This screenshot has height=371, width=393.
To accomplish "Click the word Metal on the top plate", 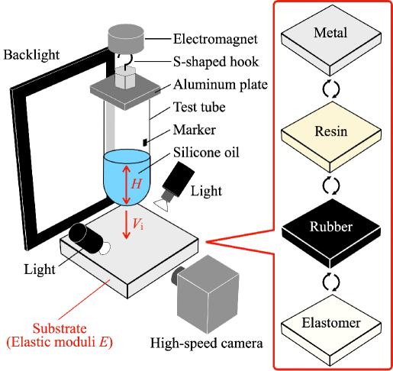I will click(x=330, y=33).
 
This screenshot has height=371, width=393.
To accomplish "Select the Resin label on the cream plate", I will click(x=330, y=131).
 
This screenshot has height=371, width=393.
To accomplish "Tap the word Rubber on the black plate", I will click(x=330, y=227).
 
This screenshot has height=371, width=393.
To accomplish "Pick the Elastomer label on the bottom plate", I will click(x=331, y=323).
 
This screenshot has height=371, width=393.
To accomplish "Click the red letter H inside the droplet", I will click(x=136, y=184).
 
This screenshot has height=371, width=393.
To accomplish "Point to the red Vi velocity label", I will click(x=138, y=224).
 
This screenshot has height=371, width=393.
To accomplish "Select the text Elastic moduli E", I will click(x=59, y=343).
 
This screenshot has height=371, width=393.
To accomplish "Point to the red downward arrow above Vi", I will click(x=126, y=224).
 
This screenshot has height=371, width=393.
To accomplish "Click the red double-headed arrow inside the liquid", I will click(x=126, y=183).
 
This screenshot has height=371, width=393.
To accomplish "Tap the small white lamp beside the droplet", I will click(x=167, y=198).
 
